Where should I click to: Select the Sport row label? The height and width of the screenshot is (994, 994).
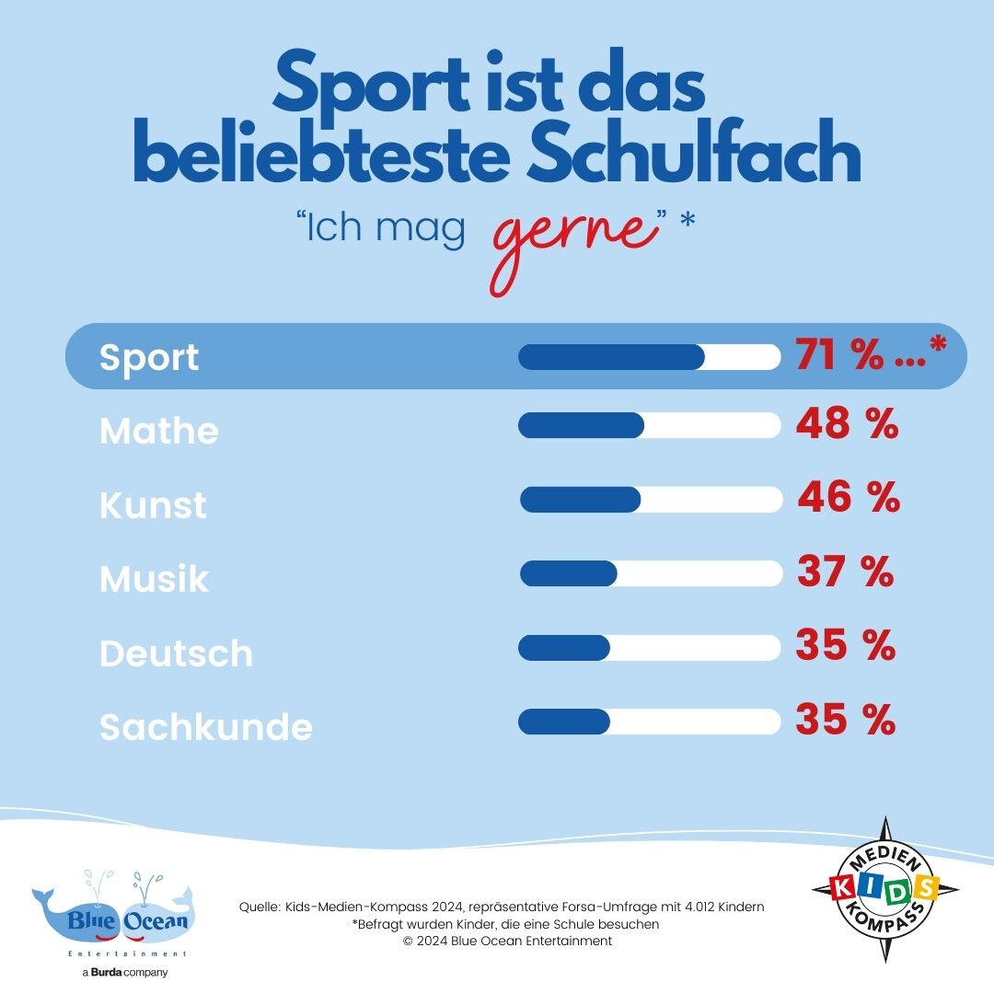pos(149,357)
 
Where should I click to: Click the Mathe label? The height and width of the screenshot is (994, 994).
pos(159,431)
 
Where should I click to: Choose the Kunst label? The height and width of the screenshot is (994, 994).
pos(153,505)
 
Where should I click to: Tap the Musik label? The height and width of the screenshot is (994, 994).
pos(154,579)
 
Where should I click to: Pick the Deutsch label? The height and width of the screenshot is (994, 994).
pos(176,653)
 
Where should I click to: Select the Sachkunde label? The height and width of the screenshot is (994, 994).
pos(206,727)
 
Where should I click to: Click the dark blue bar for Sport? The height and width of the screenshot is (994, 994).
pos(611,357)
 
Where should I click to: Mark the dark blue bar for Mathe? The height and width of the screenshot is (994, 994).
pos(581,425)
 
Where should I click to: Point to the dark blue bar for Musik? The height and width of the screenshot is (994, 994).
pos(568,573)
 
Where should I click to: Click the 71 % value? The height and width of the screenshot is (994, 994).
pos(838,355)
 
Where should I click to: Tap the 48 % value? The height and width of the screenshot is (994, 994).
pos(847,424)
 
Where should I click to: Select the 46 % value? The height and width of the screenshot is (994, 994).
pos(848,498)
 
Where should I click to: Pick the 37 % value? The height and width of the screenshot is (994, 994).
pos(845,572)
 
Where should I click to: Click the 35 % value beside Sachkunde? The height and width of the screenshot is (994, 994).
pos(845,720)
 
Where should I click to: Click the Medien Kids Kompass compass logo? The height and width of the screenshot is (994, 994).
pos(885,889)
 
